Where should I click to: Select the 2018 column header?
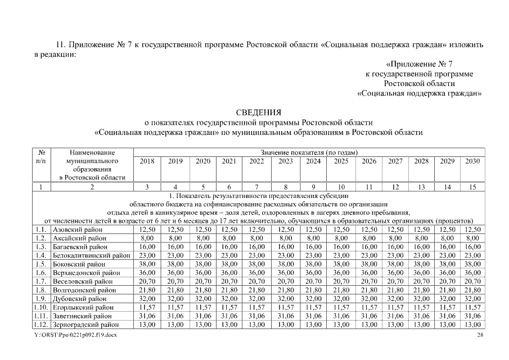coord(147,161)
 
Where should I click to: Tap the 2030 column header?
coord(472,161)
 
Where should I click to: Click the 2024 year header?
coord(313,161)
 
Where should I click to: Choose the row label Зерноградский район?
coord(85,325)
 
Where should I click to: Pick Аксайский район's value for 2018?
coord(147,238)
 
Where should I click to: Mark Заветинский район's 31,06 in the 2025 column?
coord(341,317)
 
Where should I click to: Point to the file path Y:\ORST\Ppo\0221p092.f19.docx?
coord(75,335)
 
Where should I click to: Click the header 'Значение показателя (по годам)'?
coord(309,152)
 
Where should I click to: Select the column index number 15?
coord(472,187)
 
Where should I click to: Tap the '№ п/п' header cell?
coord(41,157)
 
